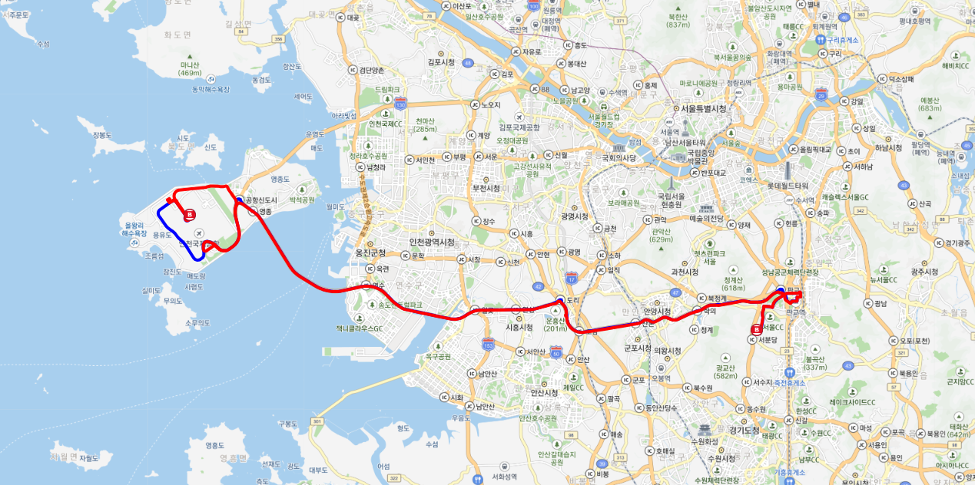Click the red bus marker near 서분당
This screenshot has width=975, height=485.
(756, 330)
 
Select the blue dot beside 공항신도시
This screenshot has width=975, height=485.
(239, 200)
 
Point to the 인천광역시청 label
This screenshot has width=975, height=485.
(431, 242)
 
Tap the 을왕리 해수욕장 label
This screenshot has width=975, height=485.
(139, 228)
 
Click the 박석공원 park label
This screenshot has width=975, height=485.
(302, 200)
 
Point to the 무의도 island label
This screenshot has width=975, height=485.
(171, 301)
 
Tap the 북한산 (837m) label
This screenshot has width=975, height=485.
(678, 20)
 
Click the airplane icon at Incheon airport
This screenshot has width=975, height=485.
(199, 233)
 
